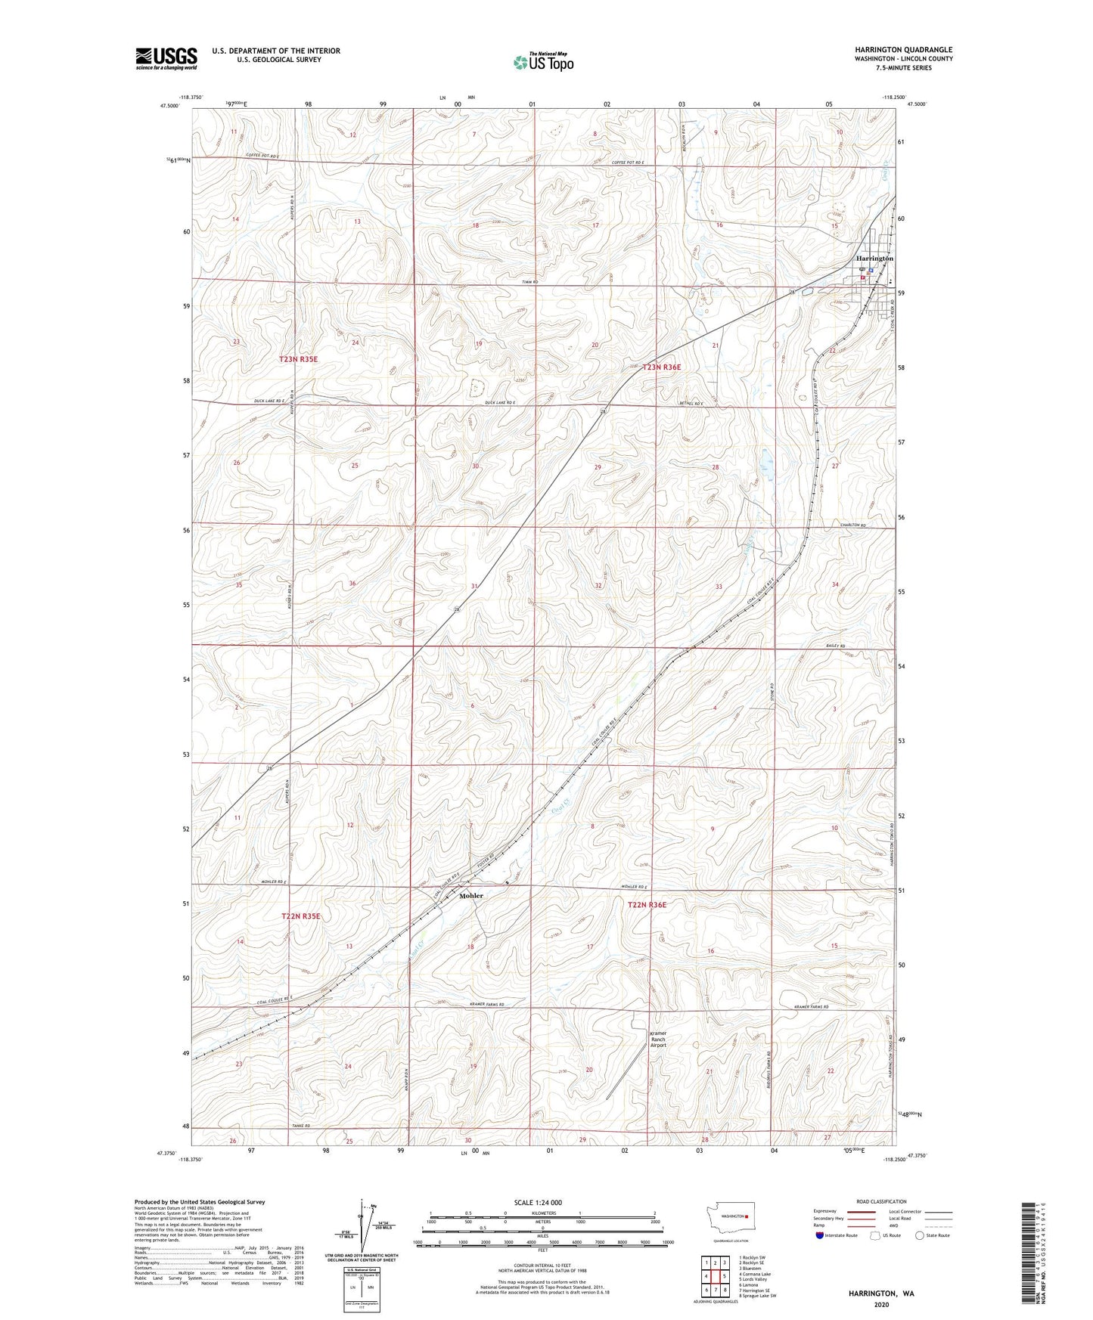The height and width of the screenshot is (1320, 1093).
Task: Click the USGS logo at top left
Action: tap(166, 58)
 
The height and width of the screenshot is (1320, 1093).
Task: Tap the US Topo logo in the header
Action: tap(543, 62)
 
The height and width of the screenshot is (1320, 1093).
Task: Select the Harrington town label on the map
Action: tap(874, 259)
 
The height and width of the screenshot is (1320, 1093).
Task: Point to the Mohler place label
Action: tap(470, 896)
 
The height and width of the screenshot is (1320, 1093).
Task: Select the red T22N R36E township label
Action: tap(646, 904)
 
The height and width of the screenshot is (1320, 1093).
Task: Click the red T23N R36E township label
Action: tap(661, 367)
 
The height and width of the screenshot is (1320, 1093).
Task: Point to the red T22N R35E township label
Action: tap(301, 916)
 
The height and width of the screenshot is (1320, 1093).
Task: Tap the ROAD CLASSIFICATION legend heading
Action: tap(880, 1201)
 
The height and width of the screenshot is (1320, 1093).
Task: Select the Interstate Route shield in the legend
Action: tap(821, 1235)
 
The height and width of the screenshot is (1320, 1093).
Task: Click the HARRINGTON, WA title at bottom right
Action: tap(880, 1294)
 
